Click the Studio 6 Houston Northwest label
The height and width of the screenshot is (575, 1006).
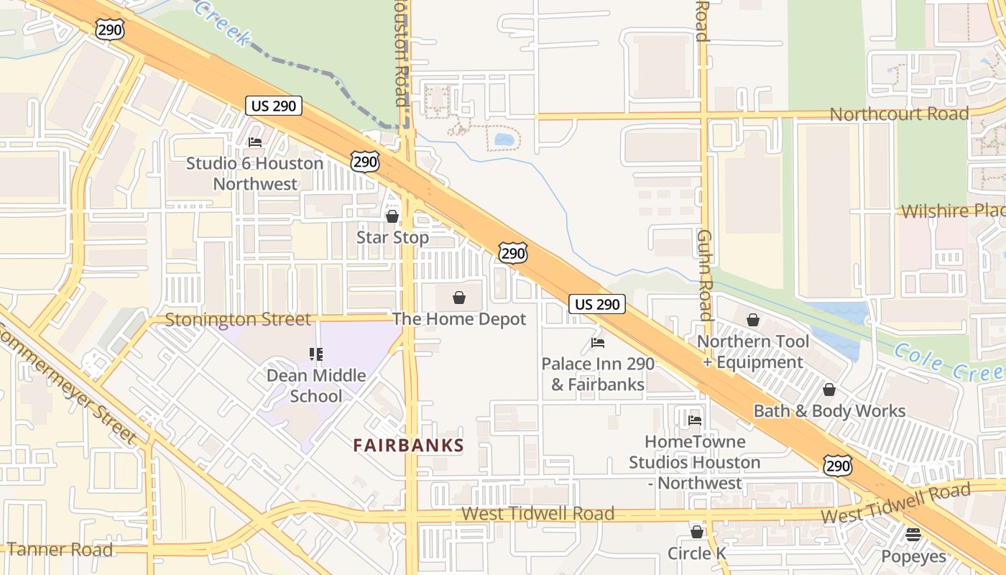(x=255, y=173)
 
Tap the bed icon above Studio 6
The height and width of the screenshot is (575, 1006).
(x=255, y=142)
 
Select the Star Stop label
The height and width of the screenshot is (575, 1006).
(x=392, y=237)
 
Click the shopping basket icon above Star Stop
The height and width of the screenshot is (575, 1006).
(x=392, y=216)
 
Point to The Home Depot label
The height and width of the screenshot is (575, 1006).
(x=459, y=319)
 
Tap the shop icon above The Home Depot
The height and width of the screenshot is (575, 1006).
(x=459, y=298)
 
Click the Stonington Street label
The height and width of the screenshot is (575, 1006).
(x=238, y=319)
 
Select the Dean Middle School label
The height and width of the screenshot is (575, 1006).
(x=316, y=385)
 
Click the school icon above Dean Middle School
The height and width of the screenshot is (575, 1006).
(x=316, y=354)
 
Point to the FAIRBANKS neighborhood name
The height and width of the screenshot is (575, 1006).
(x=408, y=446)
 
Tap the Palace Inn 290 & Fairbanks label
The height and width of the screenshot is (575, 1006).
(x=598, y=374)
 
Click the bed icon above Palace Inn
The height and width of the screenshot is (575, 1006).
(x=598, y=343)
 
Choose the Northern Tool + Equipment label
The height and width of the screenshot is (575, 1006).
(x=753, y=351)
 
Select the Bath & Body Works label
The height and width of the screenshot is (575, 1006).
(x=829, y=411)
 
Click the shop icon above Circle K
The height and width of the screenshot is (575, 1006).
(x=696, y=533)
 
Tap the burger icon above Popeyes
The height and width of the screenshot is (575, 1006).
(x=913, y=535)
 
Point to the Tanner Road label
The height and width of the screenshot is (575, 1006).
(x=60, y=550)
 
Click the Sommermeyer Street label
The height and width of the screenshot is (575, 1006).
(x=68, y=385)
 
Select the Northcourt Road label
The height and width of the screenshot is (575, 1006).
(x=899, y=114)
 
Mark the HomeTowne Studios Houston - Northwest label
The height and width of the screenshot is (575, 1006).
(x=694, y=462)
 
